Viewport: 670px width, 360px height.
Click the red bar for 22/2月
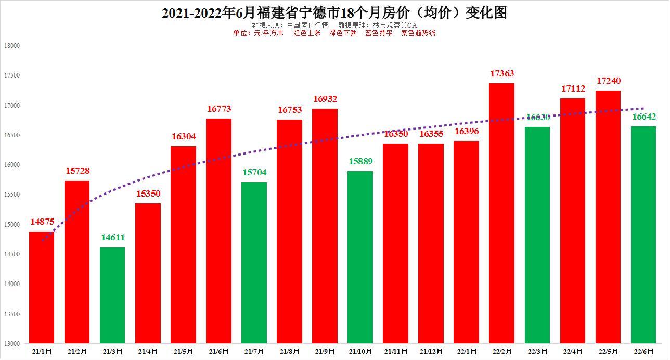point(502,213)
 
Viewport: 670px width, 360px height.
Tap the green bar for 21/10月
point(360,257)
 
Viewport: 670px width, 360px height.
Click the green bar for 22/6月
point(643,235)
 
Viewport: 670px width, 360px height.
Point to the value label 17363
point(502,74)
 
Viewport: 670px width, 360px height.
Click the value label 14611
point(113,238)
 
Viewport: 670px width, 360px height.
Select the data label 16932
point(325,99)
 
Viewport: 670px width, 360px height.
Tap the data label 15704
point(254,173)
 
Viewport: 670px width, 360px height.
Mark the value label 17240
point(608,81)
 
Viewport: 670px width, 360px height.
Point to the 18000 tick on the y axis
point(11,46)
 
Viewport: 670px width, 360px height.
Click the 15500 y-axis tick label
point(11,195)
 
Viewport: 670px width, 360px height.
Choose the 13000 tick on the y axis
point(11,344)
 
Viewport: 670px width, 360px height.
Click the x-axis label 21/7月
point(254,352)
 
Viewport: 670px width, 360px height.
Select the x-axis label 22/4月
point(573,352)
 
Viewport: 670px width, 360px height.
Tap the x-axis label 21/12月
point(431,352)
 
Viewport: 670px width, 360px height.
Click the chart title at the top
point(334,13)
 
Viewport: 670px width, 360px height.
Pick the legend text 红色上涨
point(307,33)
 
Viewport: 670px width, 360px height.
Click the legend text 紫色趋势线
point(418,33)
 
